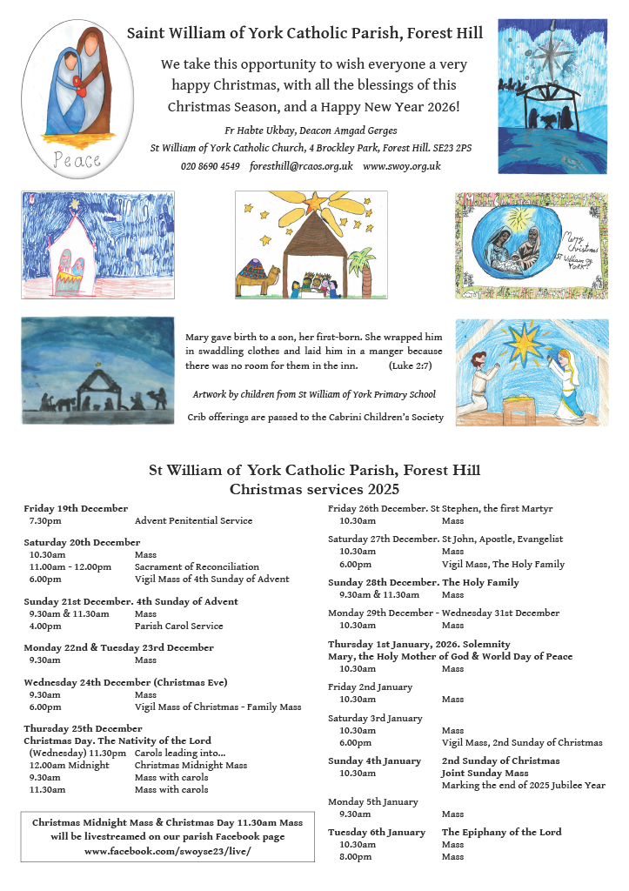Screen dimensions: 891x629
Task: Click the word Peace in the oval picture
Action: (77, 160)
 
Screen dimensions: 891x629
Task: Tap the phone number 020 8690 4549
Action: (210, 166)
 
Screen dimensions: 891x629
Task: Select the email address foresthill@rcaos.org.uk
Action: (301, 166)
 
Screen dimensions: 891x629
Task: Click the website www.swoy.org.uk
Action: (402, 166)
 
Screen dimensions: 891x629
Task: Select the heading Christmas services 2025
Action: (314, 489)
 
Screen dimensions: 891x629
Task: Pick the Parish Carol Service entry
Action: (178, 626)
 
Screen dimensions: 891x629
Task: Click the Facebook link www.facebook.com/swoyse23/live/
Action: (167, 850)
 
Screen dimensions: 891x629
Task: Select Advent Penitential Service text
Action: (193, 520)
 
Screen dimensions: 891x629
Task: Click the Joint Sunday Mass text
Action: (485, 773)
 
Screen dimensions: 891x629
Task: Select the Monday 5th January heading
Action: (372, 801)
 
